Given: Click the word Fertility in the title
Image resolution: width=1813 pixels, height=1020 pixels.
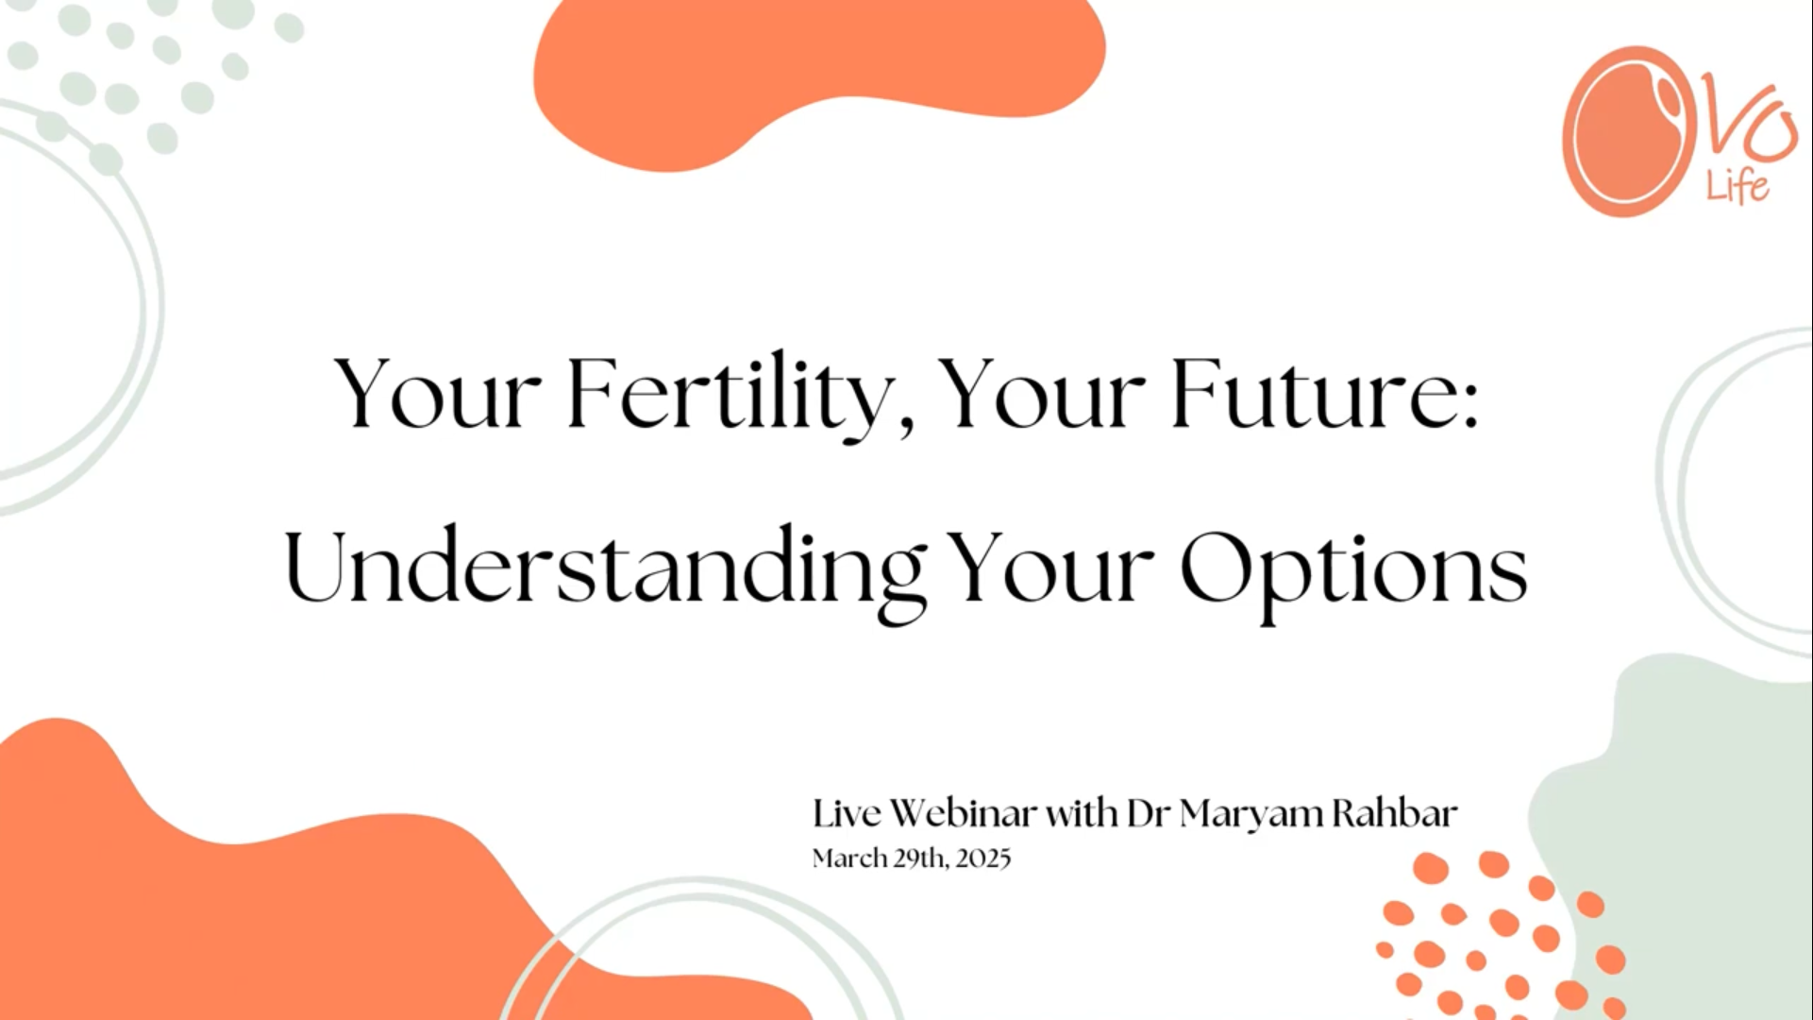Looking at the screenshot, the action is (729, 395).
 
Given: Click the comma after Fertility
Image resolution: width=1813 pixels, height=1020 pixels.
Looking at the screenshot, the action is (907, 427).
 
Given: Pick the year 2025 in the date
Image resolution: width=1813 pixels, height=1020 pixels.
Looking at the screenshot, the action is (982, 858).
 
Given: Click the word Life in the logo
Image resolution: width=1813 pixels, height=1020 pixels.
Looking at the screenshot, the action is (1737, 186).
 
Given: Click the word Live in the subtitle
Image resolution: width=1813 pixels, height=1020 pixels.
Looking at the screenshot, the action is (848, 813).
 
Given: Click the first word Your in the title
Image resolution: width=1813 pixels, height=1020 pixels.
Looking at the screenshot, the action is (438, 395).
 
